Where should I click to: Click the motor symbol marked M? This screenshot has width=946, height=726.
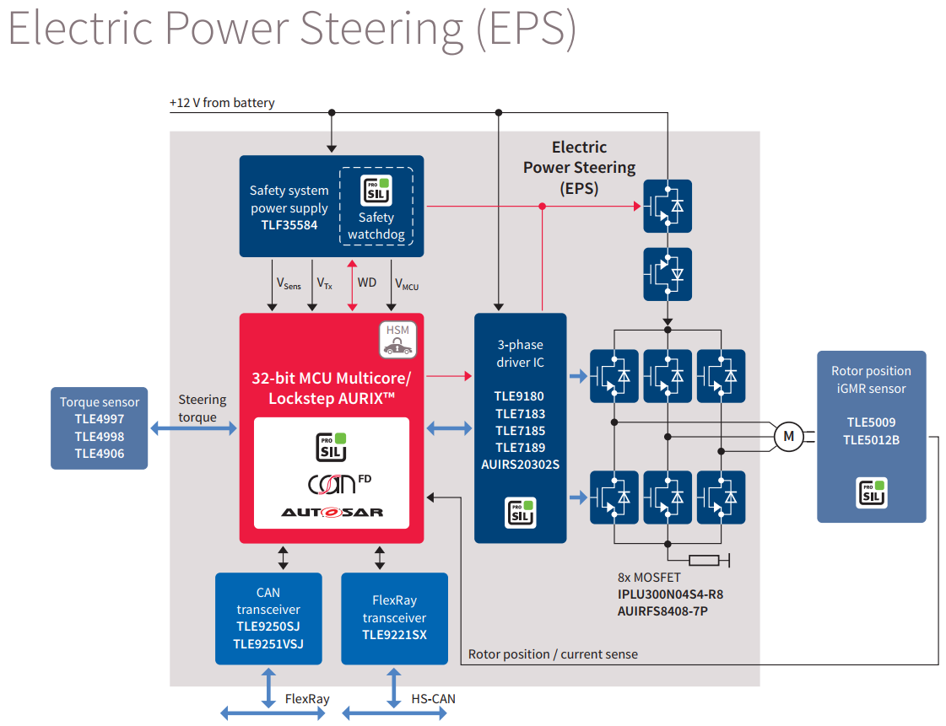[x=788, y=437]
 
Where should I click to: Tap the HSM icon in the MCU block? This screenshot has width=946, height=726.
[x=397, y=340]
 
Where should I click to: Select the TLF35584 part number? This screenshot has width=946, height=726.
[x=289, y=225]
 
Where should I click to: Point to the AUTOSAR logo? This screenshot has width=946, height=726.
[x=332, y=513]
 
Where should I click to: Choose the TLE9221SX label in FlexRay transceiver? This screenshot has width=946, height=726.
[x=395, y=635]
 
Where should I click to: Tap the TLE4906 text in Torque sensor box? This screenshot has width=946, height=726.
[x=100, y=454]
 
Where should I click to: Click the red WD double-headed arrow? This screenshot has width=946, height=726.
[x=353, y=285]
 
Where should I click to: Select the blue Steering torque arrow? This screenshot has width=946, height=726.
[x=193, y=428]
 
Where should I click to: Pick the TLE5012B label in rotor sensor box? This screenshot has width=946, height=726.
[x=871, y=440]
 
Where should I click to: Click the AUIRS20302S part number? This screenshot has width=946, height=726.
[x=520, y=465]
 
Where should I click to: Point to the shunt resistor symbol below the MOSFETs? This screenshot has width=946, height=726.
[x=704, y=561]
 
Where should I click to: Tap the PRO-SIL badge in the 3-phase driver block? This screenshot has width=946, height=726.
[x=521, y=514]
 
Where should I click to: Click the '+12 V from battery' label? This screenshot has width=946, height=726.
[x=222, y=103]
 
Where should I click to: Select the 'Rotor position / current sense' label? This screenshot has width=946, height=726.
[x=553, y=654]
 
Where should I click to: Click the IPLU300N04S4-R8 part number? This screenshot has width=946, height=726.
[x=670, y=594]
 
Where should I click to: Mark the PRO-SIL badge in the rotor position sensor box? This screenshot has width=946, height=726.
[x=872, y=492]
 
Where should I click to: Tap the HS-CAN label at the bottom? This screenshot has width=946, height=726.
[x=433, y=699]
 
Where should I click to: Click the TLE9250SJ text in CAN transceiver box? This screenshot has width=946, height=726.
[x=268, y=627]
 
